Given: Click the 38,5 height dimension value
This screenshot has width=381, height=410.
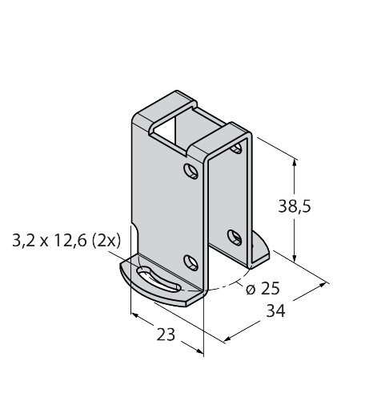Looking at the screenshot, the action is [x=295, y=207].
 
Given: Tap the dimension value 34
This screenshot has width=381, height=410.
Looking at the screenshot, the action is [x=275, y=311].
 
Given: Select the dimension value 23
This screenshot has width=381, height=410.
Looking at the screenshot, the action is [x=166, y=335].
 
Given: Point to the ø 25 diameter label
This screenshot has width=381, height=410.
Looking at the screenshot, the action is [x=263, y=288].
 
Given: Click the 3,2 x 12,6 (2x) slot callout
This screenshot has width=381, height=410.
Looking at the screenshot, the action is [x=66, y=241].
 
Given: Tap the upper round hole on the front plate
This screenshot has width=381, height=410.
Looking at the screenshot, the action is [x=191, y=171].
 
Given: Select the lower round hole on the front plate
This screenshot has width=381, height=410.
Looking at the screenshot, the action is [x=191, y=262].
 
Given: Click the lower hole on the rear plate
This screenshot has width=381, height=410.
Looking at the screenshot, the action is [x=235, y=237].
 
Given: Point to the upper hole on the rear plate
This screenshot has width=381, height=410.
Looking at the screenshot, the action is [x=236, y=148].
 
